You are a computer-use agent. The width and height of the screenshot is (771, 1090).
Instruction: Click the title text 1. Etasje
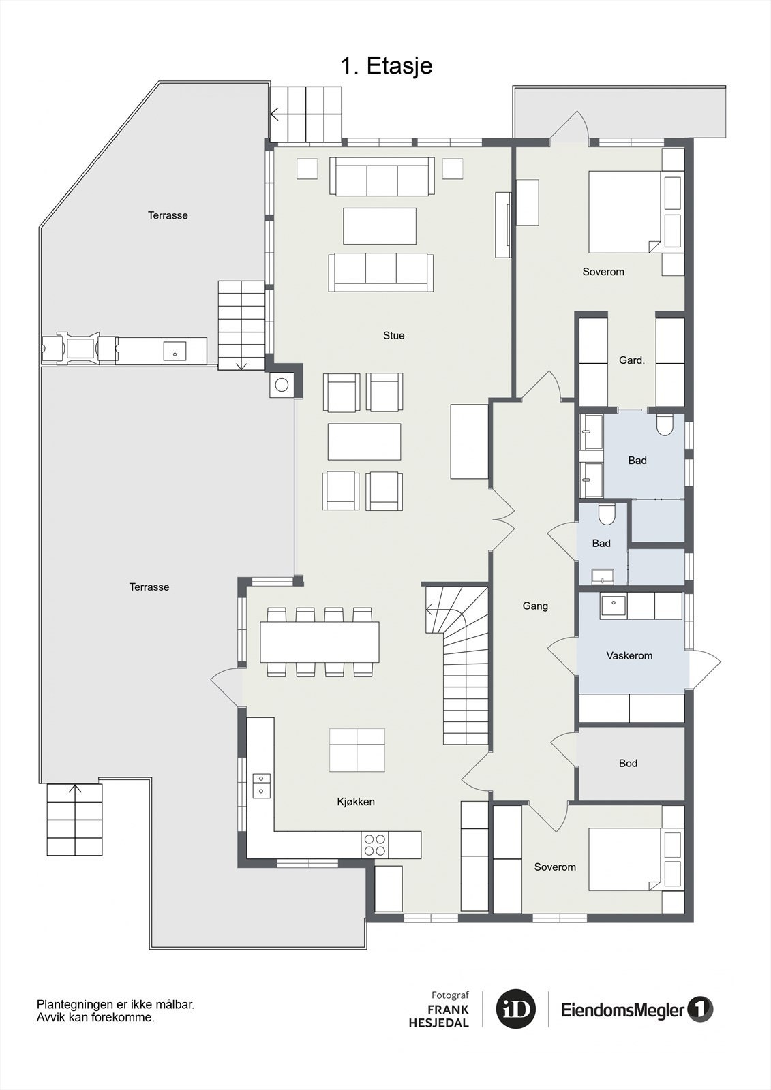click(387, 66)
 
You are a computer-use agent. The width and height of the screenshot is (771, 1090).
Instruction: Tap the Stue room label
click(393, 335)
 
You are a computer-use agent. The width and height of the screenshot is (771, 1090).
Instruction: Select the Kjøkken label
click(356, 802)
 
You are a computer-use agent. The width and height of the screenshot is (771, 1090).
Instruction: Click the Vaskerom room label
click(629, 655)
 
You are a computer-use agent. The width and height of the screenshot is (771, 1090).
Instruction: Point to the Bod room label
click(628, 763)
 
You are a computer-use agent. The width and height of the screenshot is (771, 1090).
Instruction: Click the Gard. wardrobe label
click(631, 360)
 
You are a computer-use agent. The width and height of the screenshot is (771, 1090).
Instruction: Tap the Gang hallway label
click(535, 606)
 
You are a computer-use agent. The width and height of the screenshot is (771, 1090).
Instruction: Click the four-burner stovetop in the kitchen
click(374, 845)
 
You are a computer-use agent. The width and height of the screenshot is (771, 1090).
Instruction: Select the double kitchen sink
click(261, 784)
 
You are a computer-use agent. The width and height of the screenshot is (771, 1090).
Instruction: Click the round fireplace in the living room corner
click(282, 386)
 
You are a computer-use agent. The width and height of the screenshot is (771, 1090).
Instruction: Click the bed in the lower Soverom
click(625, 859)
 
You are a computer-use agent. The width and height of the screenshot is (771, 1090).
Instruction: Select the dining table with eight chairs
click(319, 642)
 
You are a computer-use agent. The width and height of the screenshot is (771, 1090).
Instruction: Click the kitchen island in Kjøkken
click(357, 749)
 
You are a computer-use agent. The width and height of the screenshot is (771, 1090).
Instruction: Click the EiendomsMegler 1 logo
click(637, 1009)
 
